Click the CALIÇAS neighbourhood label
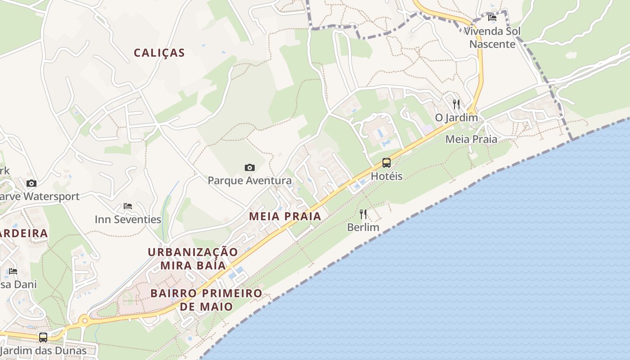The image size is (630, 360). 159,53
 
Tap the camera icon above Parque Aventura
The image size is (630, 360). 250,168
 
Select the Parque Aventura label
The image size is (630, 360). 250,181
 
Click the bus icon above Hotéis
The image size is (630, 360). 387,163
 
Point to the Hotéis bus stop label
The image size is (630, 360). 387,176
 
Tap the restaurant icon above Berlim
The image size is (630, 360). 363,214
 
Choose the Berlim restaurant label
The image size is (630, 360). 363,227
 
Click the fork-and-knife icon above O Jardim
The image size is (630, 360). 456,104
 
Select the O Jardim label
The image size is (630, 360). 456,117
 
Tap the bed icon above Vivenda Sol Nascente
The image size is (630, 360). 492,18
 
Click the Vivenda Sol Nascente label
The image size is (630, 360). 492,38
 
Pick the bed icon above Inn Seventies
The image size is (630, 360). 128,206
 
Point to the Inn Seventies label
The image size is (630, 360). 128,220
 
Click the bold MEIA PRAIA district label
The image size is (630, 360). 285,216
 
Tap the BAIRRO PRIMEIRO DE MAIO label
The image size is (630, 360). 206,300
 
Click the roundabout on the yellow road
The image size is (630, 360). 84,321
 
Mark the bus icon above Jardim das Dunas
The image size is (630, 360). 43,337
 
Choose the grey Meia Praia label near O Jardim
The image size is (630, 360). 471,139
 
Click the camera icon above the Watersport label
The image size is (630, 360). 31,183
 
